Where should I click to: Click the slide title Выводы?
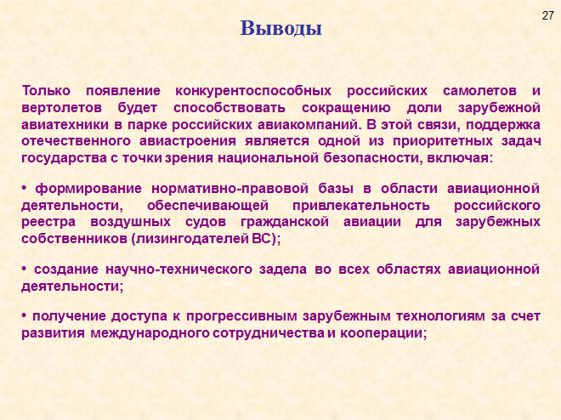point(280,29)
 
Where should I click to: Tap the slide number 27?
point(547,16)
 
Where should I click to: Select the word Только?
point(46,91)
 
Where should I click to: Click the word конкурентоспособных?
point(253,91)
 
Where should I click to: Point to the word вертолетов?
point(61,108)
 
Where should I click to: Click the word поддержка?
point(503,125)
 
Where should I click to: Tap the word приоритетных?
point(443,141)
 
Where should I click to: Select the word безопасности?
point(371,158)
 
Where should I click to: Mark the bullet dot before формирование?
point(25,188)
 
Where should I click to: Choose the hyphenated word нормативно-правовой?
point(229,189)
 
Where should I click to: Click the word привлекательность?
point(361,206)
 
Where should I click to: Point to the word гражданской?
point(285,222)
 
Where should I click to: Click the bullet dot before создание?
point(25,269)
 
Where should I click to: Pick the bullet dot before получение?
point(25,316)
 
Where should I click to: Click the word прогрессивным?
point(242,316)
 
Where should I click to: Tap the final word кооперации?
point(382,333)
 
